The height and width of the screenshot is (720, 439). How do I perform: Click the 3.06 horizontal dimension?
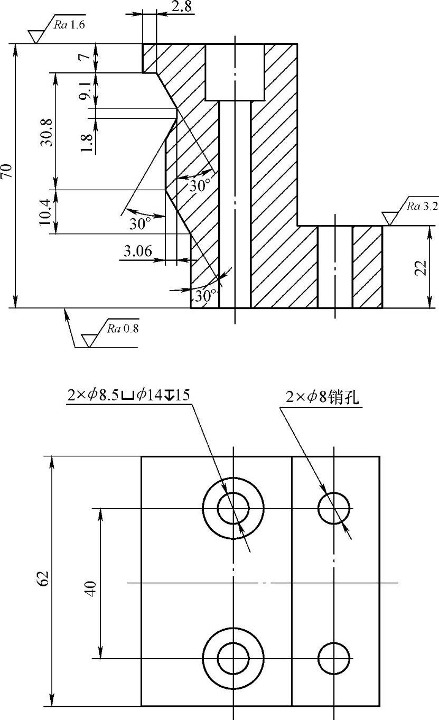138,252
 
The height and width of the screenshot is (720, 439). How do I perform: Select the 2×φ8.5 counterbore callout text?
128,396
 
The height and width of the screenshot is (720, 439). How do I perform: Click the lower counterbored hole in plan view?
233,658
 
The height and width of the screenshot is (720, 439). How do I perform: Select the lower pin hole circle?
334,658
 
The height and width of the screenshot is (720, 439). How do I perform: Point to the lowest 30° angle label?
206,296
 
